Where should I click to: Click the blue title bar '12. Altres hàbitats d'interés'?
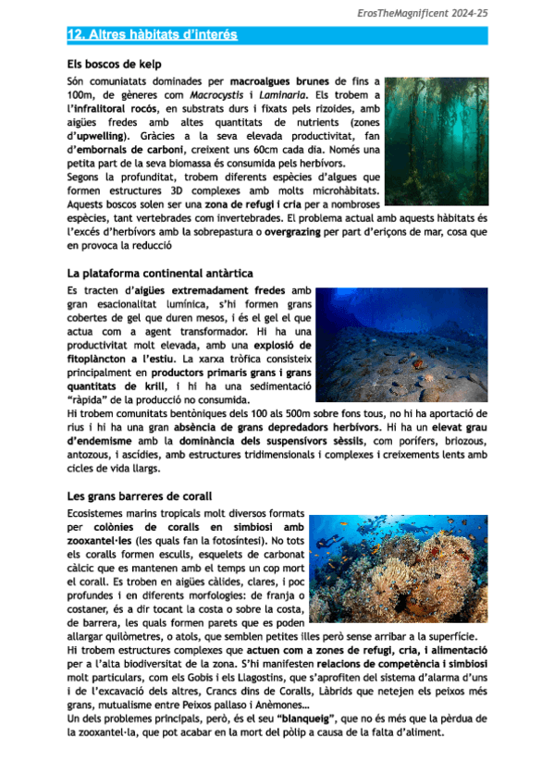(153, 35)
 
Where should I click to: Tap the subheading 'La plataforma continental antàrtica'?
(159, 274)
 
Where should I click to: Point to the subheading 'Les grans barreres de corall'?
(140, 496)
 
